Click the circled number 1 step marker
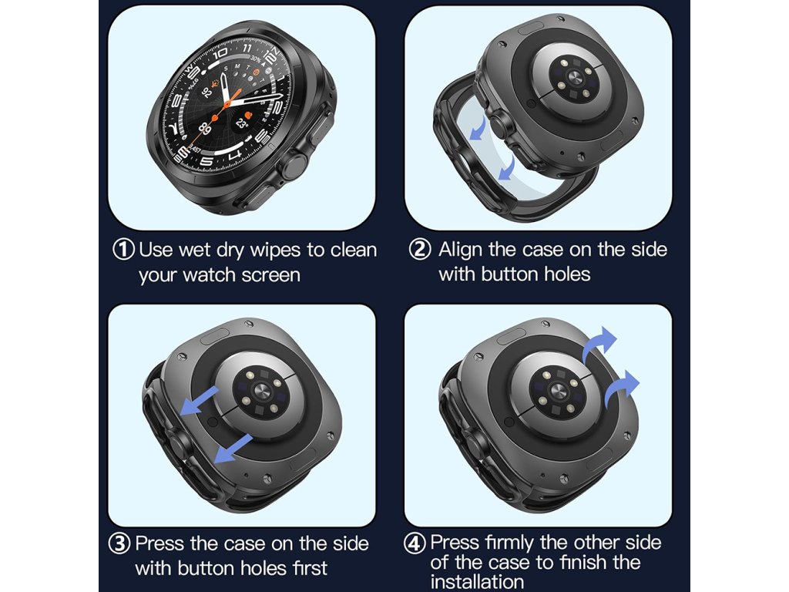pos(123,250)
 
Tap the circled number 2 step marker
pos(420,249)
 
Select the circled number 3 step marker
pos(119,543)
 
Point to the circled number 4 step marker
pos(415,543)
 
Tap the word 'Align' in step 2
pos(460,250)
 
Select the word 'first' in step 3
pos(310,568)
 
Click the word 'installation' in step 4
pos(478,582)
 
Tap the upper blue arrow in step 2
pos(478,129)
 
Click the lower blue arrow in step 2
pos(507,167)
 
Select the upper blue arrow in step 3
pos(200,401)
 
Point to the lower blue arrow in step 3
pos(233,449)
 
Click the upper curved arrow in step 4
pos(599,343)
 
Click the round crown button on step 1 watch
pos(294,166)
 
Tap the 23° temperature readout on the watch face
pos(242,123)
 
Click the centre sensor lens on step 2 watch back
pos(573,78)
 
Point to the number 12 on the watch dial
pos(270,55)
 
